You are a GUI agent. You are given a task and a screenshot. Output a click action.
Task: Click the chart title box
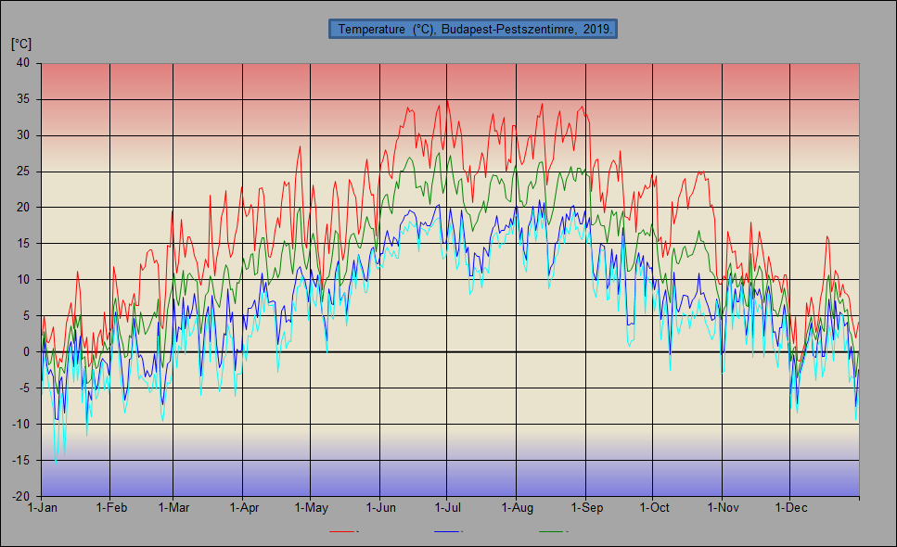(473, 30)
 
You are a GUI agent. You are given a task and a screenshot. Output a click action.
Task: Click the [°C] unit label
(21, 44)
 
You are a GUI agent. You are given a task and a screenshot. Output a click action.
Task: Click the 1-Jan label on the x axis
(43, 508)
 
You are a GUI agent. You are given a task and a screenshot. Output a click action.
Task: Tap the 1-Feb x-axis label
(111, 508)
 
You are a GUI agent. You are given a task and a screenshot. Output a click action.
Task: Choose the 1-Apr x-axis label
(243, 508)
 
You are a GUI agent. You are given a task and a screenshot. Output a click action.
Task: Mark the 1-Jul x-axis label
(448, 508)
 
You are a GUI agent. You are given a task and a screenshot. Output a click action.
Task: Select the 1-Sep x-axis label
(586, 508)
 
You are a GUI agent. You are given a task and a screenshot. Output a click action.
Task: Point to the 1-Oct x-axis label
(654, 508)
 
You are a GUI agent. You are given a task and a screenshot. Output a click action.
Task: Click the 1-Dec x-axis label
(790, 508)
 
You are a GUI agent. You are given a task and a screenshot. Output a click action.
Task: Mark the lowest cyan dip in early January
(56, 462)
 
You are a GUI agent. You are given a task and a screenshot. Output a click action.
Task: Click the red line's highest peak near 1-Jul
(447, 100)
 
